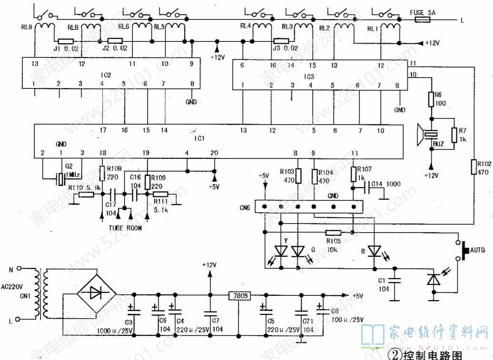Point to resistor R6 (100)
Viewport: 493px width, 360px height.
[x=432, y=99]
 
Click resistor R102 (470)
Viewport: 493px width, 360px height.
[x=474, y=167]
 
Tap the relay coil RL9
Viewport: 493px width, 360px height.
[x=46, y=27]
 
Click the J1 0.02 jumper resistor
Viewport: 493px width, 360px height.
[x=65, y=41]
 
